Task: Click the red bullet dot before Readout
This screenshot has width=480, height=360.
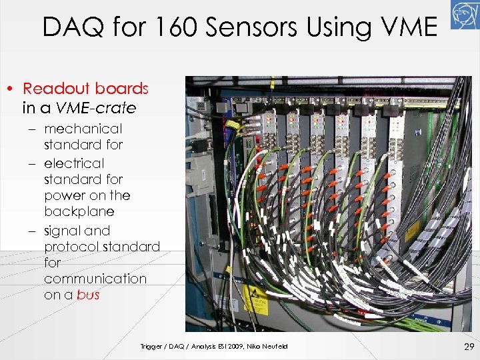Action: coord(11,89)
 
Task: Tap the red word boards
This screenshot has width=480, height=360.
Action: coord(121,89)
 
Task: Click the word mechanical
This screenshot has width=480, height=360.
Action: coord(83,129)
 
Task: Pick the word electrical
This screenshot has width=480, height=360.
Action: coord(74,163)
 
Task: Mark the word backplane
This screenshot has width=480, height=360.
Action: coord(79,211)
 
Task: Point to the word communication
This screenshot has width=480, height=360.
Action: coord(95,279)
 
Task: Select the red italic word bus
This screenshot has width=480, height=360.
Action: coord(88,295)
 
